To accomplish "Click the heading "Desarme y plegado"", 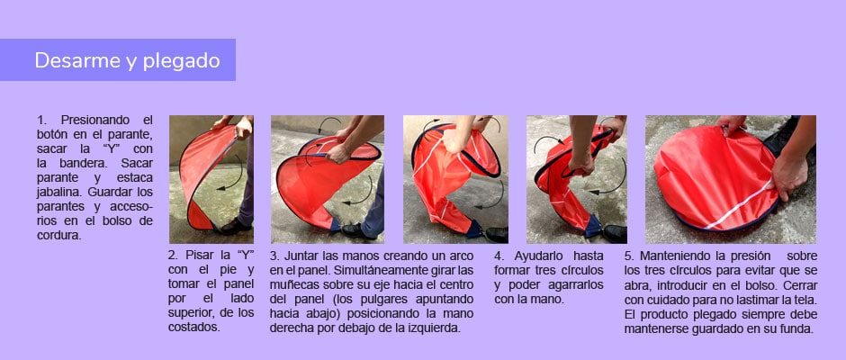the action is [x=127, y=60].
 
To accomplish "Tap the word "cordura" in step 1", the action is [x=58, y=235].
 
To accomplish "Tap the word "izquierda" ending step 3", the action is [x=435, y=328].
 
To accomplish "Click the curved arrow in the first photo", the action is [x=232, y=173].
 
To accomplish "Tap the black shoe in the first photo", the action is [x=235, y=226].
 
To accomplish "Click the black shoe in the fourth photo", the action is [x=615, y=234].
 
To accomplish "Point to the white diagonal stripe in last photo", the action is [x=738, y=206].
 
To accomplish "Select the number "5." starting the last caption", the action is [x=630, y=256].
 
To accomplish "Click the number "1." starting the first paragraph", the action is [x=42, y=120].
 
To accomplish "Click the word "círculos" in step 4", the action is [x=581, y=270].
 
